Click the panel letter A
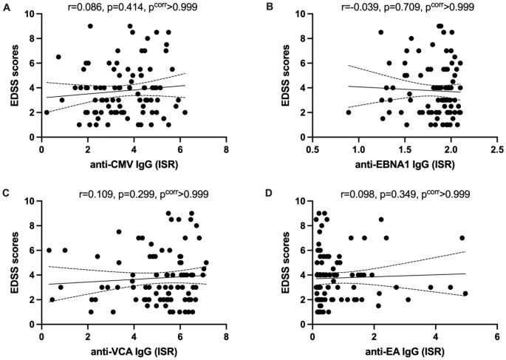(5, 7)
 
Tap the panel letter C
(5, 194)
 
